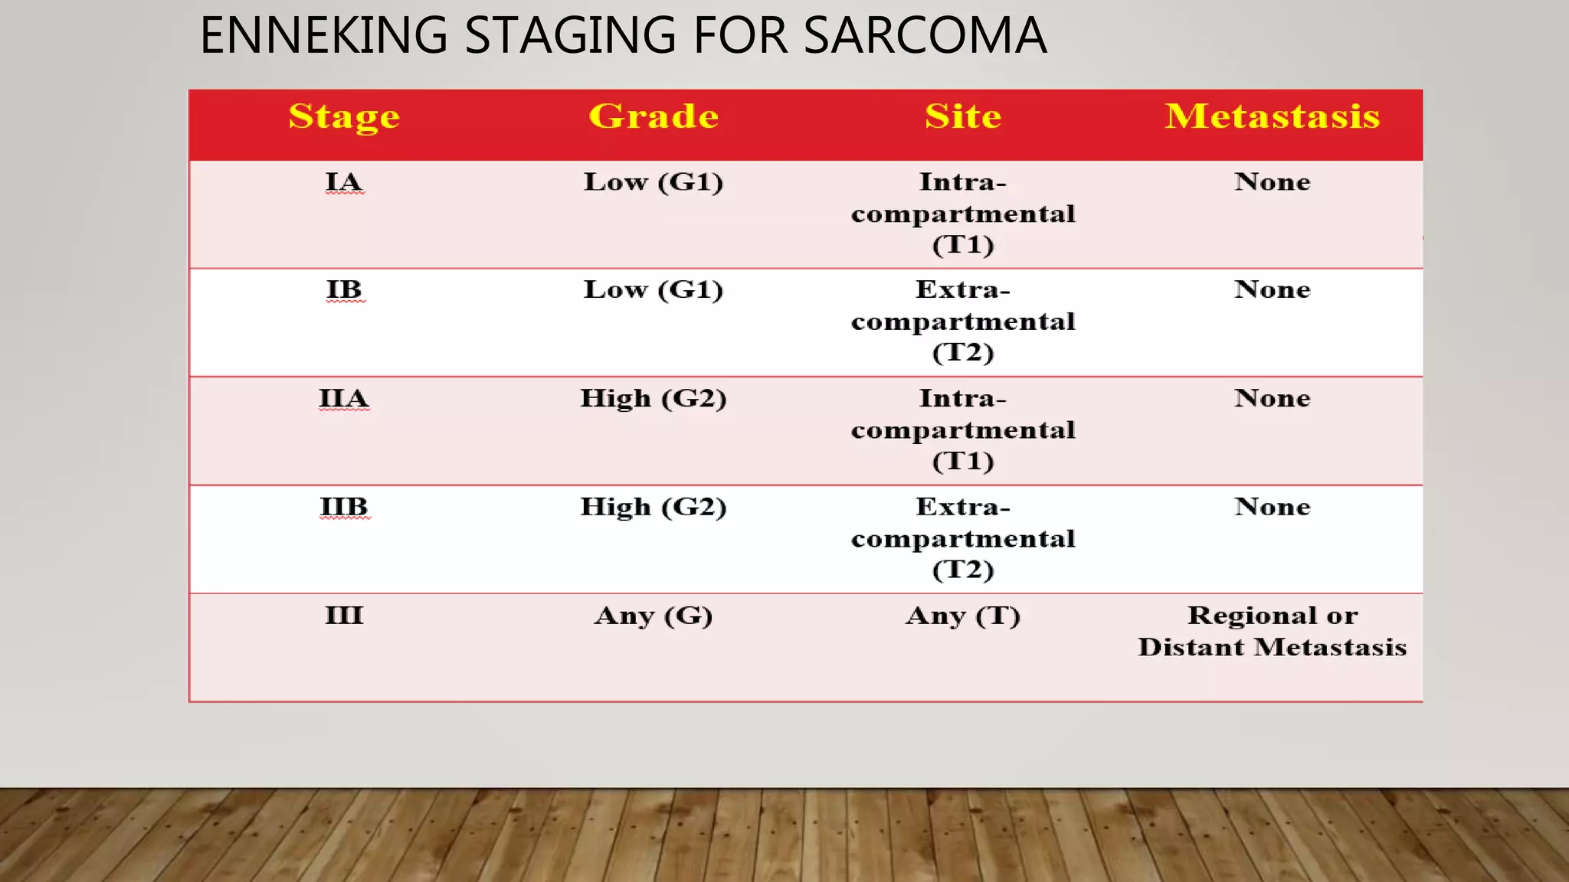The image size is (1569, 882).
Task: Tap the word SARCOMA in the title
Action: pyautogui.click(x=925, y=36)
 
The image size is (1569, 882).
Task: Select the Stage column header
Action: pyautogui.click(x=344, y=116)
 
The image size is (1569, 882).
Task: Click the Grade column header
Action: pyautogui.click(x=653, y=116)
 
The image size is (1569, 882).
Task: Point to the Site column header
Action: pyautogui.click(x=963, y=116)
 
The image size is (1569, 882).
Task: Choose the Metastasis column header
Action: pyautogui.click(x=1272, y=116)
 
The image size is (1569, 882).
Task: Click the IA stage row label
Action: pyautogui.click(x=344, y=182)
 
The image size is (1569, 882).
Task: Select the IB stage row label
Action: pyautogui.click(x=344, y=290)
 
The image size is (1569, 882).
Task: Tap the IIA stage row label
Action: pyautogui.click(x=344, y=399)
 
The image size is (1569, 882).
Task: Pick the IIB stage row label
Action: pyautogui.click(x=344, y=507)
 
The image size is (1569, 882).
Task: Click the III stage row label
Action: pyautogui.click(x=344, y=616)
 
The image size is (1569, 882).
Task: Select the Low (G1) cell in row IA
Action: pyautogui.click(x=653, y=182)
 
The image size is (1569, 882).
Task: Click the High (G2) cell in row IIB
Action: pyautogui.click(x=653, y=507)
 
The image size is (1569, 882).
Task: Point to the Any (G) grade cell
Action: pyautogui.click(x=653, y=616)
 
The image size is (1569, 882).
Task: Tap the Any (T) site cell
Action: pyautogui.click(x=963, y=616)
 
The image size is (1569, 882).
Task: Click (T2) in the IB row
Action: pyautogui.click(x=963, y=352)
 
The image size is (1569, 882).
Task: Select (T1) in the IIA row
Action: pyautogui.click(x=963, y=461)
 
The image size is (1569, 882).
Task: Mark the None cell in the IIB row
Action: pyautogui.click(x=1272, y=507)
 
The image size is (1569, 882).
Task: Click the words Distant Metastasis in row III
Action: pyautogui.click(x=1272, y=648)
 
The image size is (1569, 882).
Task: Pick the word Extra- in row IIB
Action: pyautogui.click(x=963, y=507)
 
